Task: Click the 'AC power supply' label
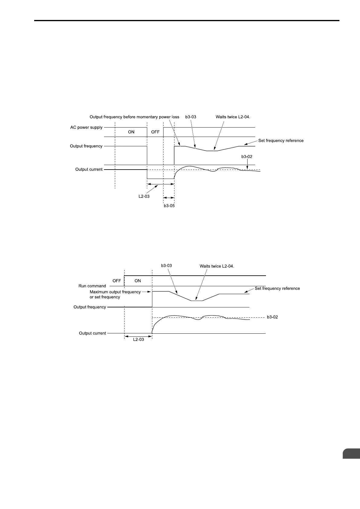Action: [x=86, y=128]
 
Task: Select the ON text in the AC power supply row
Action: [x=131, y=132]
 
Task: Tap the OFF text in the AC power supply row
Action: [x=155, y=132]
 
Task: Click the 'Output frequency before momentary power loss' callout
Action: [x=135, y=117]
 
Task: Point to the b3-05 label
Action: [x=169, y=206]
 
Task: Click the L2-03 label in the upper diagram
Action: [x=144, y=196]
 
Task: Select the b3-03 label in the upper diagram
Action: [x=191, y=117]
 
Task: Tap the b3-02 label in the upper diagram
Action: [x=247, y=157]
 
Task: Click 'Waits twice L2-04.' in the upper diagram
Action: [x=233, y=117]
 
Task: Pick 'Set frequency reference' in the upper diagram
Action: [x=281, y=141]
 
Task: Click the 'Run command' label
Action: [x=92, y=286]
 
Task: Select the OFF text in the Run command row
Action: [x=117, y=281]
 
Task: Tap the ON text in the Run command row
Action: [x=138, y=281]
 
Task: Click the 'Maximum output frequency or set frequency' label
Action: [x=115, y=294]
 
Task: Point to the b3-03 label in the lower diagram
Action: [x=167, y=266]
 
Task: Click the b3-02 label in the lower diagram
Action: [x=272, y=317]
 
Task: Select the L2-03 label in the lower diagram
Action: [x=138, y=339]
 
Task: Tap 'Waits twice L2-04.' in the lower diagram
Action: [x=217, y=266]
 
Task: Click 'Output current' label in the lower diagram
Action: [x=92, y=333]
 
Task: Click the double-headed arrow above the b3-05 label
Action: [x=169, y=198]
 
